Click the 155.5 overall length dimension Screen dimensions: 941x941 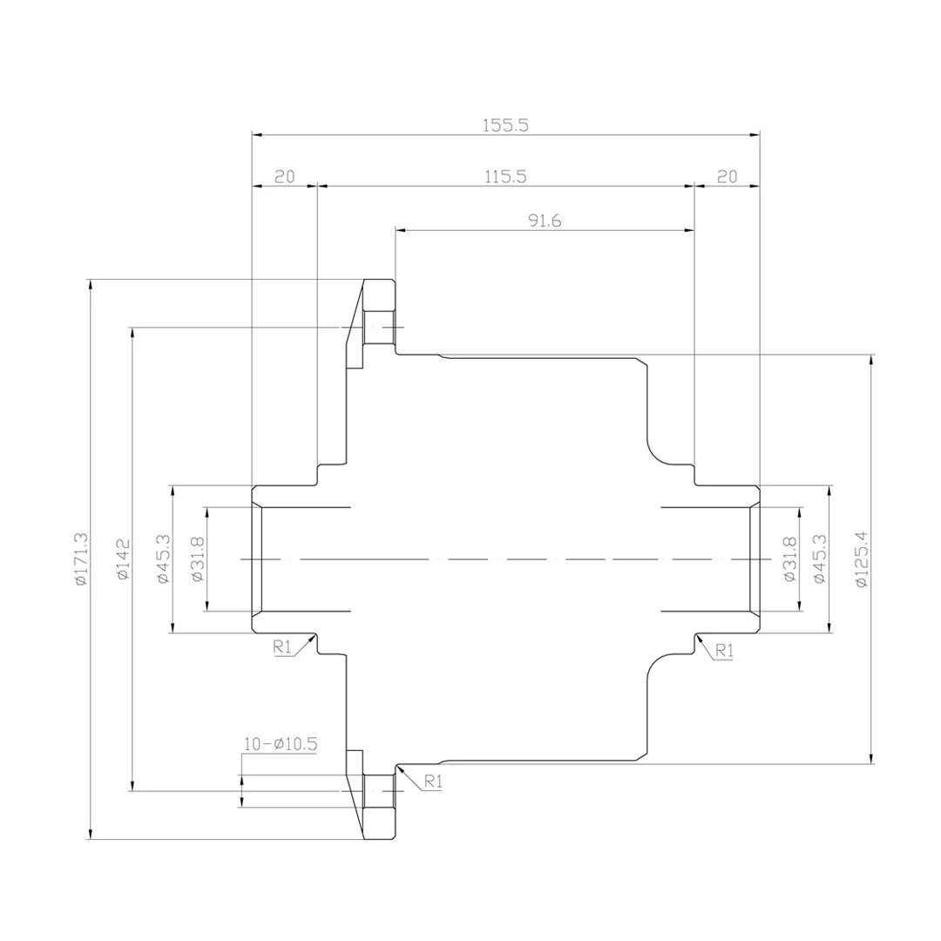[505, 125]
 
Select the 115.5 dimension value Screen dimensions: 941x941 [505, 176]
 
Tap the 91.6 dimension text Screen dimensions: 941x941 [545, 220]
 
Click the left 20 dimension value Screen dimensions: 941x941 [284, 176]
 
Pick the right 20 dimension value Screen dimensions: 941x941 [727, 176]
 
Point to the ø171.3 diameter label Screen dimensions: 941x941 [81, 559]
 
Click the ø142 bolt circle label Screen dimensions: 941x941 [123, 559]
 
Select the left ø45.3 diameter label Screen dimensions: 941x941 [163, 559]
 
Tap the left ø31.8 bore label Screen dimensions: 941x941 [198, 559]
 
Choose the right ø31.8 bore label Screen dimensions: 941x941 [789, 559]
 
